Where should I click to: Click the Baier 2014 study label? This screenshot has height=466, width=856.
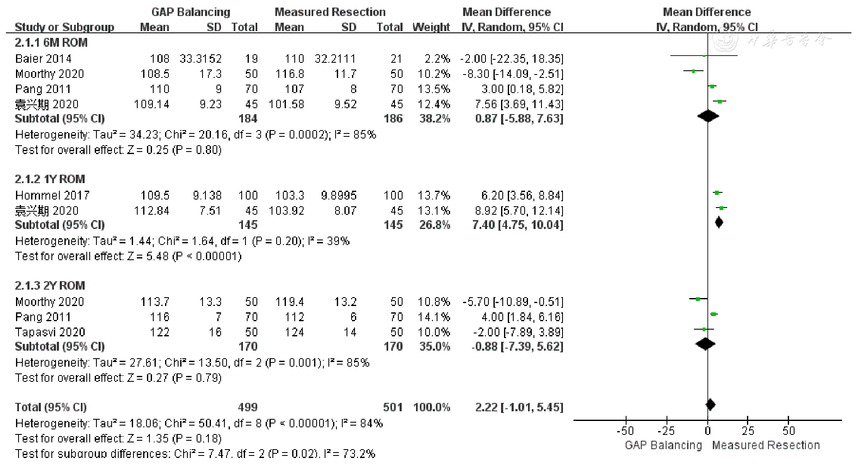click(x=43, y=59)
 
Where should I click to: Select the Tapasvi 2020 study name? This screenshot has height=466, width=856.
click(x=50, y=332)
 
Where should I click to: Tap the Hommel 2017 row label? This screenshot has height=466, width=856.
click(x=52, y=195)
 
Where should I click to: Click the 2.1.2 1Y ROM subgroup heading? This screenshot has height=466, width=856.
click(x=50, y=179)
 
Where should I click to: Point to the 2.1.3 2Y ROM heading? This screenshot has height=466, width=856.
click(x=50, y=285)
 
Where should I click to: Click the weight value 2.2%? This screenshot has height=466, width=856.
click(x=437, y=59)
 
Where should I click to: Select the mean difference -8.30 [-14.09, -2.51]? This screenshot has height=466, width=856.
click(x=512, y=74)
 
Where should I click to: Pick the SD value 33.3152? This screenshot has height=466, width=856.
click(x=200, y=59)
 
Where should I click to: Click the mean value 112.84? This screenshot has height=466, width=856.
click(x=152, y=210)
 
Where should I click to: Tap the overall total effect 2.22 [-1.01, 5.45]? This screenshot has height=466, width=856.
click(x=519, y=407)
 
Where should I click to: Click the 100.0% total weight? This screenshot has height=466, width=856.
click(x=432, y=407)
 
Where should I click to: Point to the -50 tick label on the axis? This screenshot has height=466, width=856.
click(x=625, y=431)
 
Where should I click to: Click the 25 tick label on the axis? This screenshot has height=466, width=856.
click(x=748, y=431)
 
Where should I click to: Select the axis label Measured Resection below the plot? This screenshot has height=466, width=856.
click(x=766, y=445)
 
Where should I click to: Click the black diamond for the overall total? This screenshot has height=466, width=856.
click(x=710, y=405)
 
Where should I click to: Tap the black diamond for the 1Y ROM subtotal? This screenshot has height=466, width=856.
click(x=719, y=222)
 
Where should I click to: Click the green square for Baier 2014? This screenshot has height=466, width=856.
click(x=704, y=56)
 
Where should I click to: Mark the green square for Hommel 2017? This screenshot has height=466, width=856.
click(x=717, y=193)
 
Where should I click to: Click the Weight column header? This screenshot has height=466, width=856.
click(x=431, y=27)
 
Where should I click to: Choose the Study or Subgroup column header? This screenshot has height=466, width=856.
click(x=64, y=27)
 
